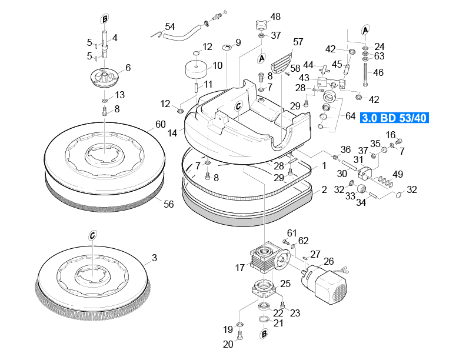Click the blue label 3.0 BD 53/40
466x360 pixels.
tap(394, 118)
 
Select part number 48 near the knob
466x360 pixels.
tap(275, 16)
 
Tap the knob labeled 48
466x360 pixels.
tap(260, 25)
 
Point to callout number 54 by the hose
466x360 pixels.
tap(169, 26)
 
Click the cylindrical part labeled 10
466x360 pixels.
tap(196, 69)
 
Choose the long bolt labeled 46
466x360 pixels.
tap(365, 74)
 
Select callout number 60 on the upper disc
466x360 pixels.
tap(161, 124)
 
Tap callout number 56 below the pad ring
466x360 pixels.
tap(168, 204)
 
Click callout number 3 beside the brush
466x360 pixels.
tap(154, 258)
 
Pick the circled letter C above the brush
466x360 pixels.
tap(92, 235)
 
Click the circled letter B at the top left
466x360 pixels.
tap(104, 19)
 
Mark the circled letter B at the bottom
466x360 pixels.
tap(264, 334)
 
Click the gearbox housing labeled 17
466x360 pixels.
tap(264, 258)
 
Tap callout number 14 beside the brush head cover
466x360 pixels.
tap(172, 133)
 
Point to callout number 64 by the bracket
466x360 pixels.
tap(351, 116)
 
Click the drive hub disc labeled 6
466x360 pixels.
tap(104, 77)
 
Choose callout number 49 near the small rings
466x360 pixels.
tap(398, 174)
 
